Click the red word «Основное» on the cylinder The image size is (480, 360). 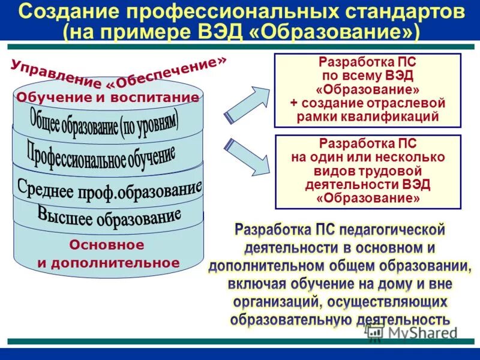coord(107,245)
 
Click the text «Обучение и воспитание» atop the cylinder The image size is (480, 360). coord(108,98)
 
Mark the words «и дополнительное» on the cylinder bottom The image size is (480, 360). coord(108,263)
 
